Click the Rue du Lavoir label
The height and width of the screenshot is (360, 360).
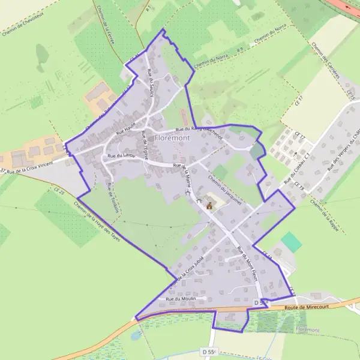[121, 156]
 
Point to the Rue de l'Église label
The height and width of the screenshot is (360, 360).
[144, 142]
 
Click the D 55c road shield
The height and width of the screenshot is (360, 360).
[209, 352]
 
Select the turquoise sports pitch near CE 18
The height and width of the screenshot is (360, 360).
[292, 242]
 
